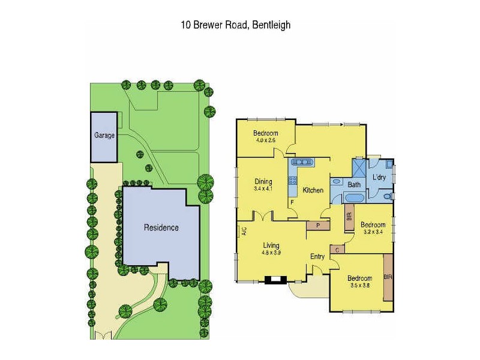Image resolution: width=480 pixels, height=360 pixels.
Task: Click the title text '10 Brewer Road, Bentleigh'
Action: [236, 25]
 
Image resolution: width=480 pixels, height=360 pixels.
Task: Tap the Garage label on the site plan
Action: [104, 136]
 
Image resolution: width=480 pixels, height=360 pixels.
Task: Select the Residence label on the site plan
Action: [161, 227]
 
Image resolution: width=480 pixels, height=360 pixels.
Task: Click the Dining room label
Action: [263, 182]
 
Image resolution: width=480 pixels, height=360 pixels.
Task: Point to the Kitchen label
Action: [313, 190]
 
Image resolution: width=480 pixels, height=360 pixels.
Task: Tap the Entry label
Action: [317, 257]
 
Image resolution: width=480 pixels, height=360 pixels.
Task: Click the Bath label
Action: [354, 185]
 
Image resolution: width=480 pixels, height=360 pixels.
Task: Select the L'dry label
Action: [379, 178]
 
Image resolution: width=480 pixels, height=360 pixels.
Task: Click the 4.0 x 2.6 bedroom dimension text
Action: [264, 140]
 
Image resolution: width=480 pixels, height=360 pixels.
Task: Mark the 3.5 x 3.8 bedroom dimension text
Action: [360, 286]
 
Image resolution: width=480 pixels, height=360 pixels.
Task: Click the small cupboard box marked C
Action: [337, 249]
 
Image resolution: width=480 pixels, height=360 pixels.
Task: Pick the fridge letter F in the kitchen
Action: [292, 202]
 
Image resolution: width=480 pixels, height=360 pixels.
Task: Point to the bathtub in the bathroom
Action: [354, 199]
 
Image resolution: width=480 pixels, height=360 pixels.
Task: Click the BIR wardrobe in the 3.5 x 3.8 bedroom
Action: [388, 278]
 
